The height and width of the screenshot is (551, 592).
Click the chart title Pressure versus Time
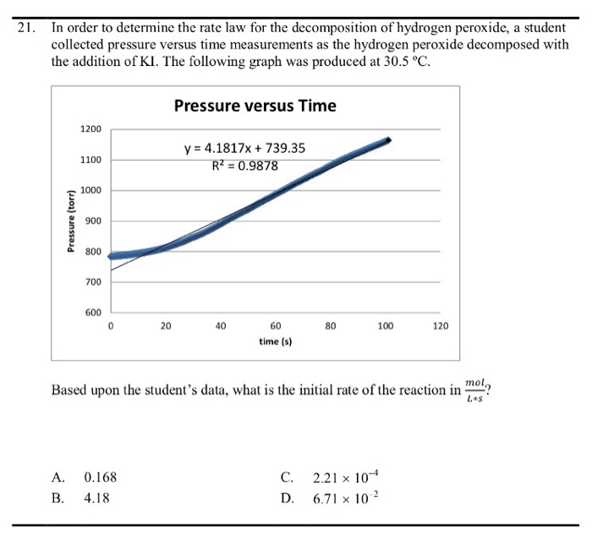[255, 106]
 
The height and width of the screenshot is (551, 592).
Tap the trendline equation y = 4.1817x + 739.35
[245, 150]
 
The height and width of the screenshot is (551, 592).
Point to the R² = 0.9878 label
[244, 166]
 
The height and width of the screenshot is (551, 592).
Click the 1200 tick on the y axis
[90, 129]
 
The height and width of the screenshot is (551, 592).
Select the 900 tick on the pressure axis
[93, 221]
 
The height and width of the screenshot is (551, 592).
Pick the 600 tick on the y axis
[93, 312]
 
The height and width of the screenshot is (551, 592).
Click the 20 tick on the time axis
[166, 325]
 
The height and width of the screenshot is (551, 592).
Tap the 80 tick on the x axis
[331, 325]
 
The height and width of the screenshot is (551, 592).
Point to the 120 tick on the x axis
[441, 325]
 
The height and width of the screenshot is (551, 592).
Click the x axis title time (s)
[276, 341]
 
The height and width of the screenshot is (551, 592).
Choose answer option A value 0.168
[101, 477]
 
